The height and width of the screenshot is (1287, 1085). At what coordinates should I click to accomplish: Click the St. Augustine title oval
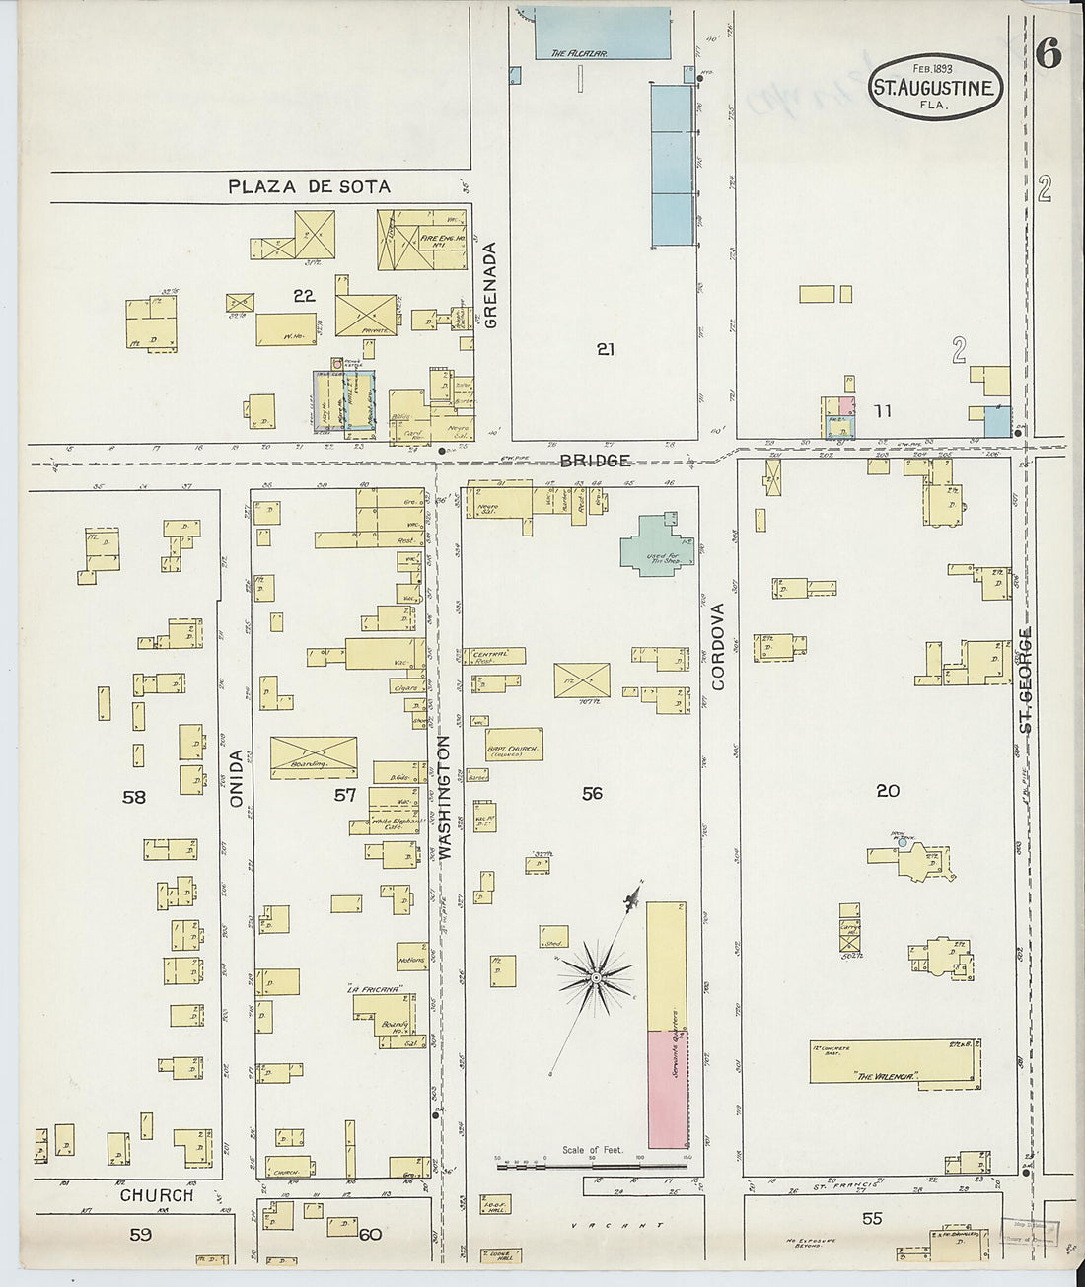point(935,87)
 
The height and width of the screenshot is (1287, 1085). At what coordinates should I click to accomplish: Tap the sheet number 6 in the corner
point(1048,56)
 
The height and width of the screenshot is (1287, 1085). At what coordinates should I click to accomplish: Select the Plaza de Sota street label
point(309,186)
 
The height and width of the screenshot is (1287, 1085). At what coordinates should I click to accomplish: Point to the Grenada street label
point(491,285)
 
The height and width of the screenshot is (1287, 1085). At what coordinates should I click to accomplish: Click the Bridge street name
point(595,461)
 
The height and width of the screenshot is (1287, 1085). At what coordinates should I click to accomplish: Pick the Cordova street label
point(719,646)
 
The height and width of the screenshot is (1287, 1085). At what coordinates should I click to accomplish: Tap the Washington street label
point(444,798)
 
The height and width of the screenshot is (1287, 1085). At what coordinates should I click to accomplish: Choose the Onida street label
point(236,779)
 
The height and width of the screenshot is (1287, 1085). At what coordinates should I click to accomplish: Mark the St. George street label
point(1026,679)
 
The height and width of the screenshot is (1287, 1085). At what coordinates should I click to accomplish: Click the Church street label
point(156,1195)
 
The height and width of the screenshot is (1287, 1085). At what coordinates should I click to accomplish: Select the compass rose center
point(595,977)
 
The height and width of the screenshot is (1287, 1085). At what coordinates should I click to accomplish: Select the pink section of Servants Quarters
point(667,1089)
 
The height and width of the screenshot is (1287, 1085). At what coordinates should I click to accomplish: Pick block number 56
point(591,793)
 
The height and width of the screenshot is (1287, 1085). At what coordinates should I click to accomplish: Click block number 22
point(303,295)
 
